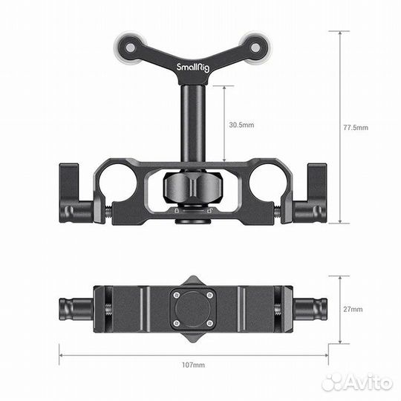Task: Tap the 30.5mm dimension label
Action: (241, 125)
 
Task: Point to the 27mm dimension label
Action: (353, 308)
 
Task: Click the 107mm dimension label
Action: (194, 365)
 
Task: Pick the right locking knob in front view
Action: (310, 197)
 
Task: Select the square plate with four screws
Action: (192, 307)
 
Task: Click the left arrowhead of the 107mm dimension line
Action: (62, 354)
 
